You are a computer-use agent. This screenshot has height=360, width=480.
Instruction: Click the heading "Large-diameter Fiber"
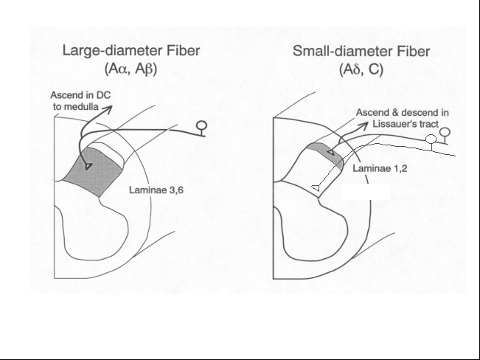(x=131, y=51)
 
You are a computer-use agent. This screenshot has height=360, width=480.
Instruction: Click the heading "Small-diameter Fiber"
(x=361, y=51)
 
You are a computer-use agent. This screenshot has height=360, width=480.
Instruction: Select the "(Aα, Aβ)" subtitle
(x=131, y=69)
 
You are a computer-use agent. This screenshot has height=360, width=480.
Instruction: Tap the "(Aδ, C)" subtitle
(x=361, y=69)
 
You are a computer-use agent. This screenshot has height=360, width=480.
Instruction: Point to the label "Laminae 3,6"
(x=156, y=190)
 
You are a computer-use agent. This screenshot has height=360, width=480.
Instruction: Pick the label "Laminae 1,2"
(x=380, y=168)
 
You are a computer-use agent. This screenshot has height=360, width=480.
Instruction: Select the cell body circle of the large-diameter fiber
(x=201, y=125)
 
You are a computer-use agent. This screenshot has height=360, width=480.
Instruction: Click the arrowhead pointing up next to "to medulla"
(x=108, y=109)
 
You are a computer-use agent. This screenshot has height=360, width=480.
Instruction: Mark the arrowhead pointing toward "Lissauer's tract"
(x=364, y=125)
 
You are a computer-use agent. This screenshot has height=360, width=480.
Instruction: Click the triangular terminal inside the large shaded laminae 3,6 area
(x=88, y=167)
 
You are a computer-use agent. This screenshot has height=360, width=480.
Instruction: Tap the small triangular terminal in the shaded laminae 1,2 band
(x=331, y=152)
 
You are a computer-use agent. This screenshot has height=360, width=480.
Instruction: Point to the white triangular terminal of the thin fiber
(x=316, y=188)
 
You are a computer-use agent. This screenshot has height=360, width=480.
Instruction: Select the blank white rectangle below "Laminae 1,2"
(x=366, y=192)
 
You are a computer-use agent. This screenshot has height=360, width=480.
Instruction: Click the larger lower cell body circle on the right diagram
(x=431, y=139)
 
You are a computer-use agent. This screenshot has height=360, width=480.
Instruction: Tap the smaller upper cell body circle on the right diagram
(x=445, y=132)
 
